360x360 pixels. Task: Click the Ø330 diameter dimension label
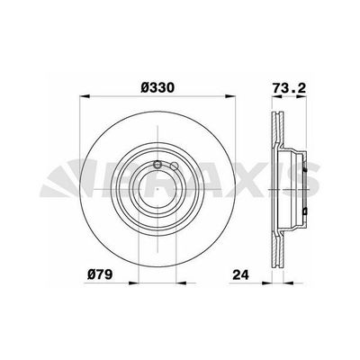point(157,88)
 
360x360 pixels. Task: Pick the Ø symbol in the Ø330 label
point(141,88)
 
